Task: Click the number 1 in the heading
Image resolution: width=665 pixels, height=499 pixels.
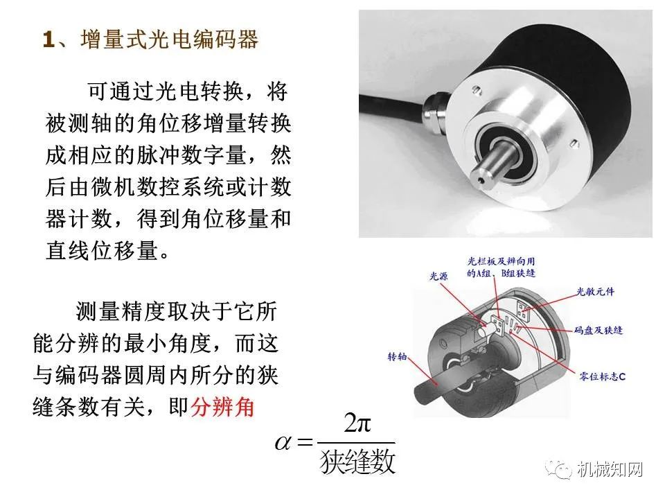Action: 48,40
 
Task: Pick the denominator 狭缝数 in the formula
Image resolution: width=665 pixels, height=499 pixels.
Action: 357,462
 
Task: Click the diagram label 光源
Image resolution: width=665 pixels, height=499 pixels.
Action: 440,276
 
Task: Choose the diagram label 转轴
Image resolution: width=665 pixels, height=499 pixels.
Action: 398,358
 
